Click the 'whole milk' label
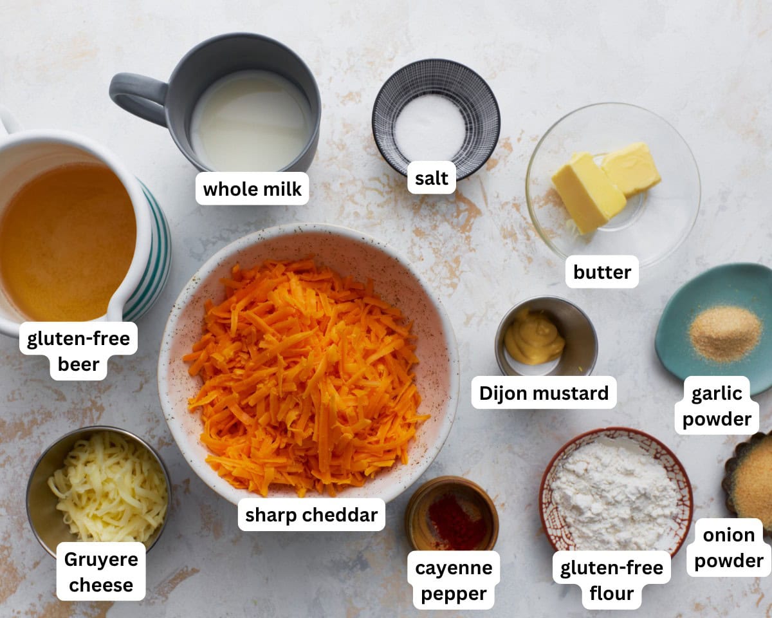coord(252,189)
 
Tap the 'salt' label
coord(431,178)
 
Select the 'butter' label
coord(602,272)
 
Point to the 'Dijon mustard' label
coord(544,393)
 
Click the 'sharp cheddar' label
coord(311,515)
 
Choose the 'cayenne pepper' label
coord(454,580)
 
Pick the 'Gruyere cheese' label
coord(101,572)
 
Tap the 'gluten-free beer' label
coord(78,351)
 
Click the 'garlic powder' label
coord(717,406)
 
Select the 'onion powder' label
coord(728,547)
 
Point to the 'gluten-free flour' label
coord(611,580)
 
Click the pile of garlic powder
coord(725,332)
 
